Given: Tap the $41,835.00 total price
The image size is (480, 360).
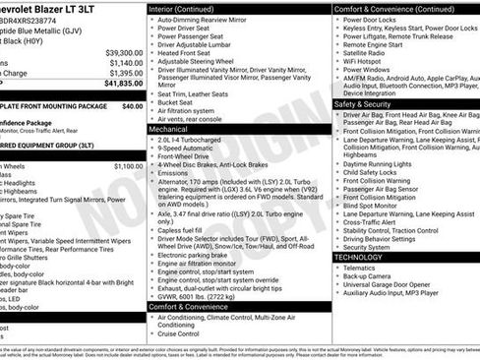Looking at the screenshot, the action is (123, 84).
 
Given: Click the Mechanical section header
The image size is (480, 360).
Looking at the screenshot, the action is (168, 129).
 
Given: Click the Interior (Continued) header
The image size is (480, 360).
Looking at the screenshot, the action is (189, 9).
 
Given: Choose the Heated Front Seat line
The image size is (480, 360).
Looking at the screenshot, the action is (187, 52).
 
